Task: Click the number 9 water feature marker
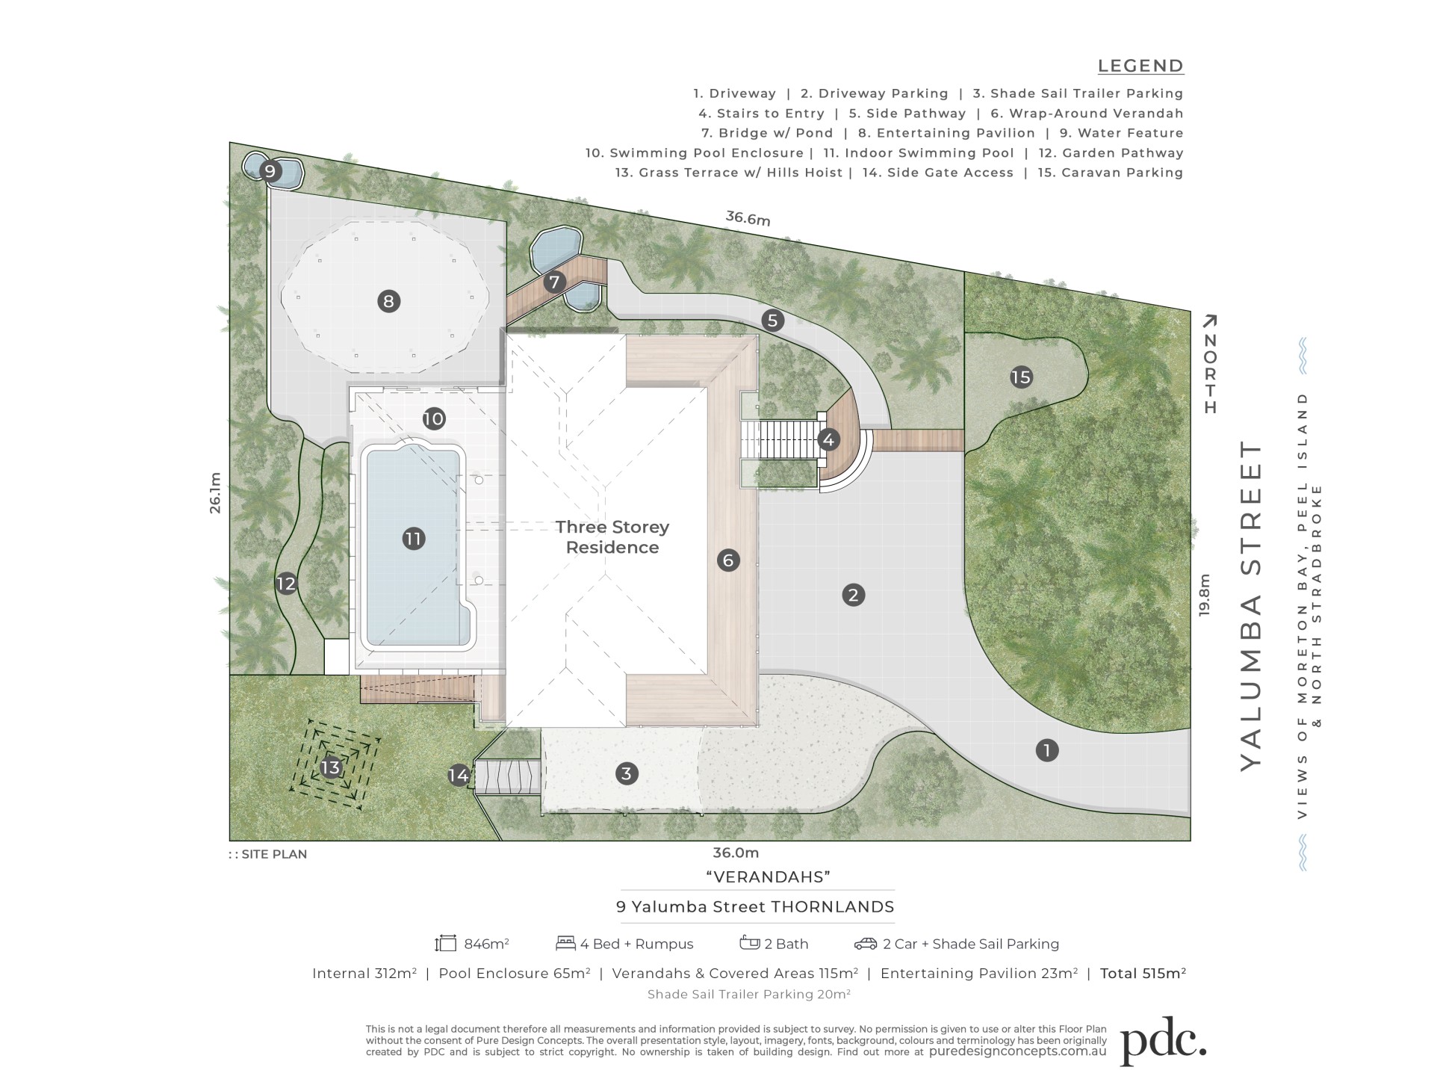click(270, 171)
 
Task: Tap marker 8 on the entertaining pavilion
click(388, 301)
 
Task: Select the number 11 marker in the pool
click(413, 539)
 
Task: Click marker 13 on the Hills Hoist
click(330, 767)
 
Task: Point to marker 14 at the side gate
click(459, 776)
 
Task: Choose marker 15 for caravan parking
click(1021, 377)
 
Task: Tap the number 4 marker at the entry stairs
click(828, 440)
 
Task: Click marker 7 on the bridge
click(554, 282)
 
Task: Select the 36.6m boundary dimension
click(748, 218)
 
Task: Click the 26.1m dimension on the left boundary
click(215, 492)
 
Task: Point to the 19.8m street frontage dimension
click(1204, 595)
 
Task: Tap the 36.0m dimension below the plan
click(736, 853)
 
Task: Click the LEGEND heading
click(1140, 66)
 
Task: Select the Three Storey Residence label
click(612, 537)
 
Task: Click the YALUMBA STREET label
click(1251, 606)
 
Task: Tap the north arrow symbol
click(1210, 364)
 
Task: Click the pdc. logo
click(1164, 1042)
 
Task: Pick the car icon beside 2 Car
click(866, 944)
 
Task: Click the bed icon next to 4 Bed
click(565, 944)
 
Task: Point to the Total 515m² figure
click(1143, 973)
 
